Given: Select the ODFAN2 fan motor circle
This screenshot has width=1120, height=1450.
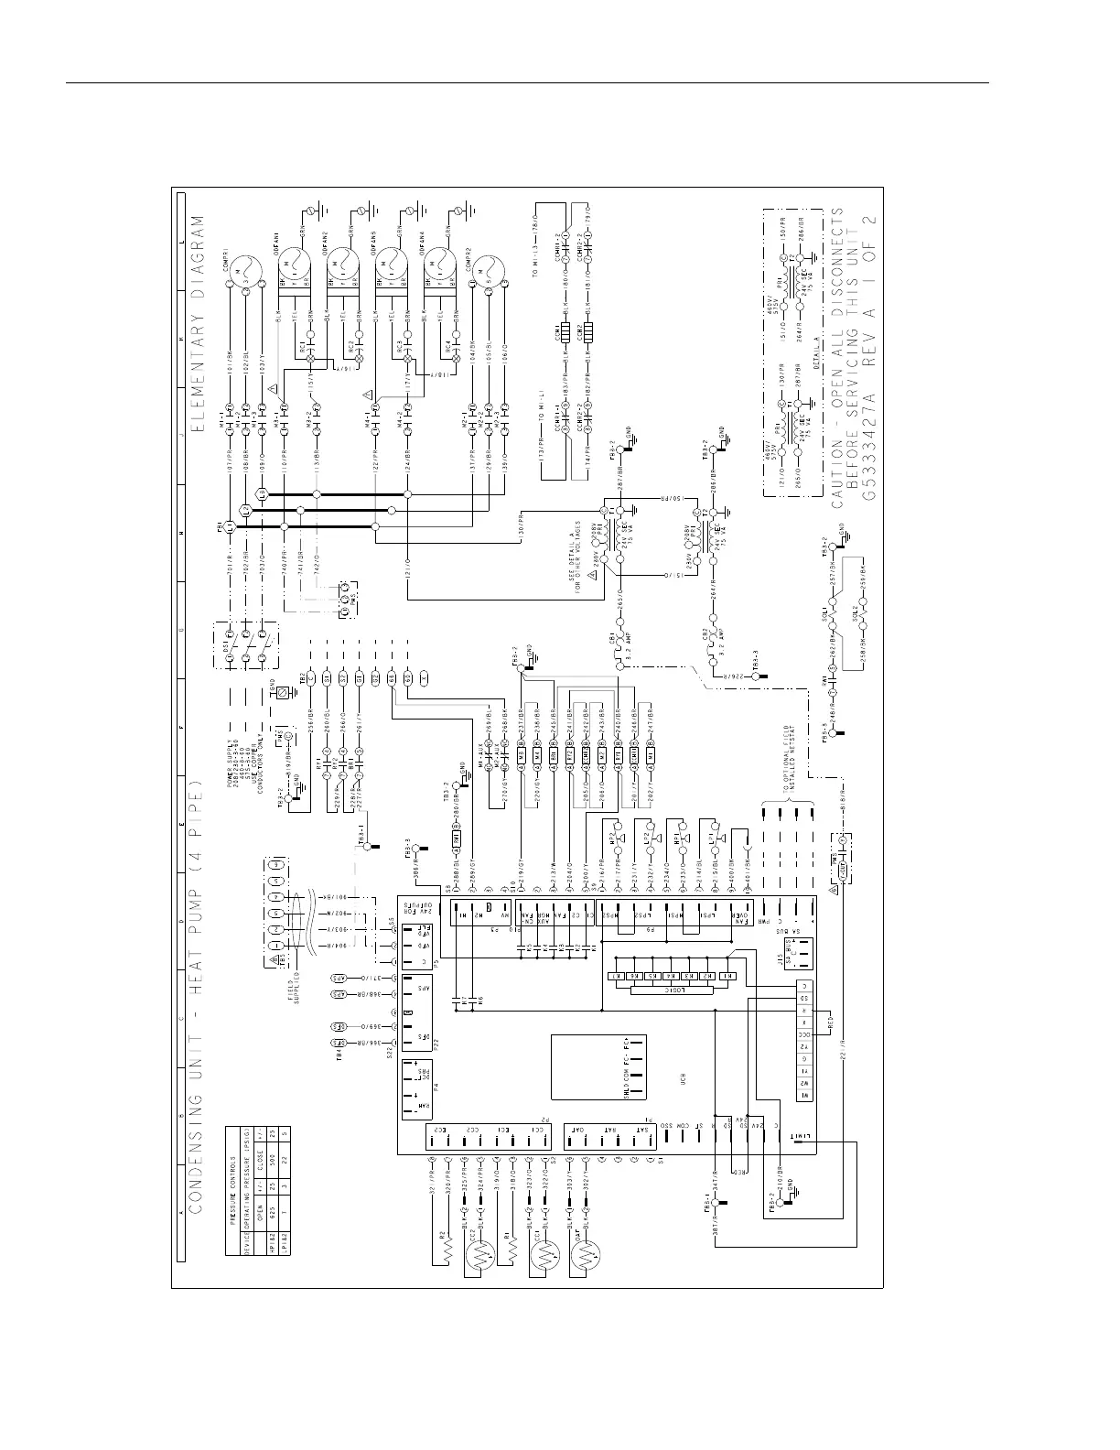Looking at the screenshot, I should pyautogui.click(x=343, y=265).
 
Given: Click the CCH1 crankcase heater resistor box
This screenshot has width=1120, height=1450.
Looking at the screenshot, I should pyautogui.click(x=564, y=330).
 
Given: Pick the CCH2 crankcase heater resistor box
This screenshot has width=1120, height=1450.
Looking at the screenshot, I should pyautogui.click(x=587, y=330).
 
